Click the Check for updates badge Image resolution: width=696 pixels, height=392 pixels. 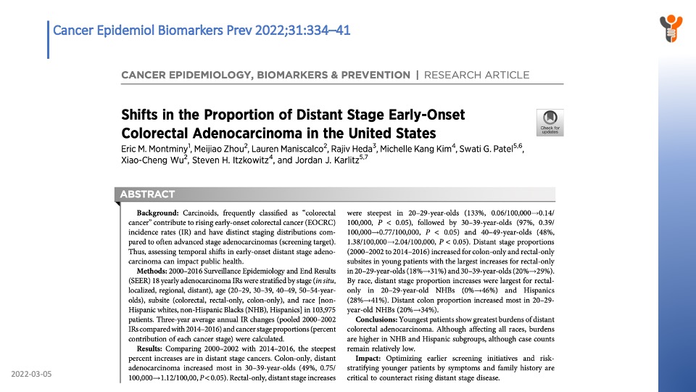pos(550,122)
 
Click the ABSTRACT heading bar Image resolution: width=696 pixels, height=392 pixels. pos(149,194)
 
